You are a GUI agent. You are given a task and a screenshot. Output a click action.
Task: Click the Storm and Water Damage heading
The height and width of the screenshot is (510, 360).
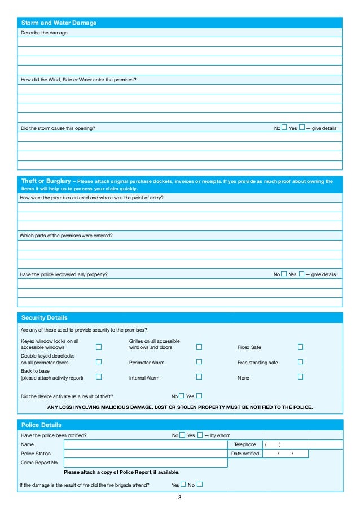[59, 23]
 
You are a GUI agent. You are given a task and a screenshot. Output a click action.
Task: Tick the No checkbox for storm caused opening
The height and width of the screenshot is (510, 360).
[284, 128]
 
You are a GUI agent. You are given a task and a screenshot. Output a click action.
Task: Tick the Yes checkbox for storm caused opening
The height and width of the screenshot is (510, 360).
[302, 128]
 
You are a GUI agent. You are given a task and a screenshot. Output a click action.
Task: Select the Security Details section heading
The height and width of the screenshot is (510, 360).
[44, 317]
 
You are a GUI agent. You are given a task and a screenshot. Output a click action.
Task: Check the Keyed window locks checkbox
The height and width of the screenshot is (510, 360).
[99, 347]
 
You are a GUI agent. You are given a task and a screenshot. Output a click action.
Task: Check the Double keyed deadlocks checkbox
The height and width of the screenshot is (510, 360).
[99, 362]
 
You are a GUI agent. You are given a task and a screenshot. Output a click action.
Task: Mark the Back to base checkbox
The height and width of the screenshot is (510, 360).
[99, 377]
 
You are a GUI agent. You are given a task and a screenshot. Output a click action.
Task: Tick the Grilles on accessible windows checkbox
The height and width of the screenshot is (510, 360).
[199, 347]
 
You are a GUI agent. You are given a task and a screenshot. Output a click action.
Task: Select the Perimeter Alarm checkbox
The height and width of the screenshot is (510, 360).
[199, 362]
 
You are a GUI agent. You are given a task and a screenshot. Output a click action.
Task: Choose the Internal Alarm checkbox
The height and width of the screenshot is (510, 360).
[199, 377]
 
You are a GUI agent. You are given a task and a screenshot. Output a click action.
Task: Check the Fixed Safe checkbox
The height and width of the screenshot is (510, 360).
[300, 347]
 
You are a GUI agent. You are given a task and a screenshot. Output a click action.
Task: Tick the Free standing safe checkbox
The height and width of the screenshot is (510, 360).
[300, 362]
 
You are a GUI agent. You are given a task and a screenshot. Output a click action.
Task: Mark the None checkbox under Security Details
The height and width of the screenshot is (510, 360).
[300, 377]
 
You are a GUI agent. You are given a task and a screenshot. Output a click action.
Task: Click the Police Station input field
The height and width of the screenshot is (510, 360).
[146, 454]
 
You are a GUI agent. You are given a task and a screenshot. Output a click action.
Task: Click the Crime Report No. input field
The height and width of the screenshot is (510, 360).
[146, 463]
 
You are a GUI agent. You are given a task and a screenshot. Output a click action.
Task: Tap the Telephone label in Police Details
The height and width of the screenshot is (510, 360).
[245, 444]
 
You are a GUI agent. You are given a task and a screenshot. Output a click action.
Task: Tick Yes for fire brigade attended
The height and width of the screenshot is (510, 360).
[183, 484]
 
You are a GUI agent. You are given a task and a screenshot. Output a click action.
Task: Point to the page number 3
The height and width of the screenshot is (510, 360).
[179, 498]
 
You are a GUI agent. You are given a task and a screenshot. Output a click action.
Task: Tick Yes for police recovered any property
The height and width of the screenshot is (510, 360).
[302, 274]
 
